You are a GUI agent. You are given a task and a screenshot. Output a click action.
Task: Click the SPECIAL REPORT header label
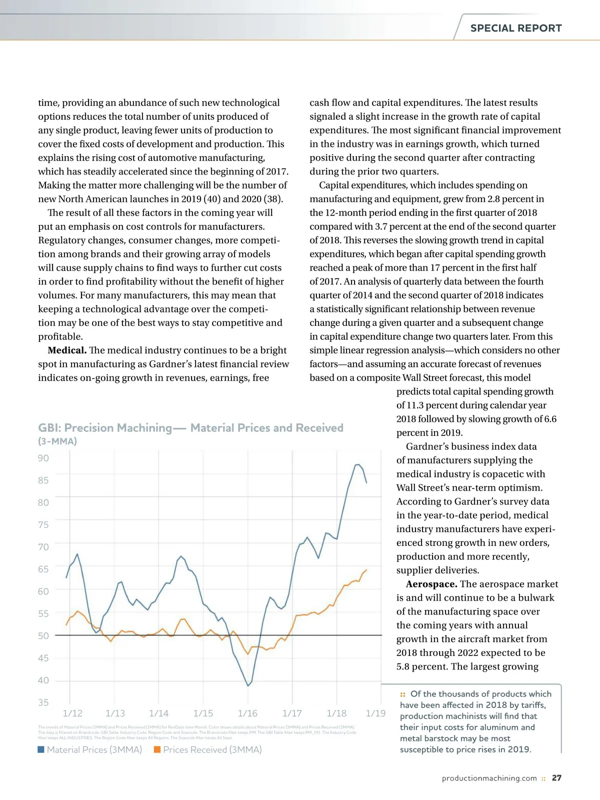pos(516,28)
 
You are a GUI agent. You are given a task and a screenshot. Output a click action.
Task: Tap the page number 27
pos(556,778)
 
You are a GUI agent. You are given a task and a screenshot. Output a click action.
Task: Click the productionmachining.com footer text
pos(489,778)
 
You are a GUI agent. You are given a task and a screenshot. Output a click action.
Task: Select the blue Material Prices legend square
pos(41,749)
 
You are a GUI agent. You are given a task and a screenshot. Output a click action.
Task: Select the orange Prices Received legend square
pos(157,749)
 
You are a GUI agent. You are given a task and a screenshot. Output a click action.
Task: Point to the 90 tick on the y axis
pos(43,458)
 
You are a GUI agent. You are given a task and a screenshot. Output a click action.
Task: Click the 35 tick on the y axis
pos(43,702)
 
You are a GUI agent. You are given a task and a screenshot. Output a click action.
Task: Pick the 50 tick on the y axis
pos(43,635)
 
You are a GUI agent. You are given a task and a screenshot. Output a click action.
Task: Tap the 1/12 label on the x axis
pos(72,713)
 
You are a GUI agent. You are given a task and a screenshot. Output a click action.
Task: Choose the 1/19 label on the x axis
pos(375,713)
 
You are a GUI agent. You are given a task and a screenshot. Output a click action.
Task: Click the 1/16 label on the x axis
pos(247,713)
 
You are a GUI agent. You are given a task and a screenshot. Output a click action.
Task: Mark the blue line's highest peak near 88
pos(357,465)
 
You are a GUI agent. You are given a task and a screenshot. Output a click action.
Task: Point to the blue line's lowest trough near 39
pos(248,685)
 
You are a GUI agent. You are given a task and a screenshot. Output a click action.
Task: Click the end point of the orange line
pos(366,570)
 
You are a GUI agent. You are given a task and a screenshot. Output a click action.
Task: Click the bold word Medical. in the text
pos(67,350)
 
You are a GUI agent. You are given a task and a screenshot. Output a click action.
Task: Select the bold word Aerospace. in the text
pos(431,584)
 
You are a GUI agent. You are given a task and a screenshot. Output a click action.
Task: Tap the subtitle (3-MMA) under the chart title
pos(57,441)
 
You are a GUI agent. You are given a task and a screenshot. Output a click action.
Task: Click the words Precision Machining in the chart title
pos(118,428)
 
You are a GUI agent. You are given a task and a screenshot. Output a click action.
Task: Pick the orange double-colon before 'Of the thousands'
pos(403,694)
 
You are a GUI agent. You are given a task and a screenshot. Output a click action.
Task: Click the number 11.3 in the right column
pos(417,405)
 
